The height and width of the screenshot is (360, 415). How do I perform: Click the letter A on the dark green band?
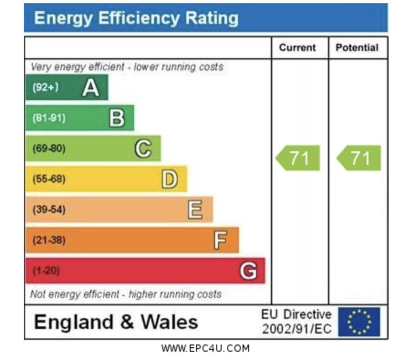click(x=90, y=87)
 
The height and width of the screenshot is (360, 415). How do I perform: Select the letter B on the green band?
click(x=117, y=118)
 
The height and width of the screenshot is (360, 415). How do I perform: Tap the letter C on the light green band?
click(x=143, y=149)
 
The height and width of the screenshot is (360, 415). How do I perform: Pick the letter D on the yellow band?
click(x=169, y=179)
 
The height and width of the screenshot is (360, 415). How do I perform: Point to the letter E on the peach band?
click(x=195, y=210)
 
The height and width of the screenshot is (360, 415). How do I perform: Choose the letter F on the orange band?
click(x=220, y=240)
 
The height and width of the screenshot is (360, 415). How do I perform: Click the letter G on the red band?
click(x=248, y=271)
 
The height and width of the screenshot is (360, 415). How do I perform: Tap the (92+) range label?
click(x=45, y=87)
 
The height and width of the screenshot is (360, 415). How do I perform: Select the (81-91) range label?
click(x=49, y=118)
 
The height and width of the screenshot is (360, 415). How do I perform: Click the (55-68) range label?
click(x=49, y=179)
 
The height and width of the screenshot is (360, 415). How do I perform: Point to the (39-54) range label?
click(x=49, y=210)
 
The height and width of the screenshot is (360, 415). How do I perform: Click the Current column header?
click(x=297, y=48)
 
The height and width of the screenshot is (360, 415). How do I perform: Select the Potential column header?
click(x=357, y=48)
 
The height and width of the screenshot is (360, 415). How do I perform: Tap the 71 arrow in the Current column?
click(x=298, y=158)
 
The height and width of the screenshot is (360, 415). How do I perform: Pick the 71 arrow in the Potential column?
click(x=359, y=158)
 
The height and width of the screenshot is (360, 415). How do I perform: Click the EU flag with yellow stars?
click(x=359, y=322)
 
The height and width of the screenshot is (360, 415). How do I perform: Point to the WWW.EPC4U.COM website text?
click(x=206, y=349)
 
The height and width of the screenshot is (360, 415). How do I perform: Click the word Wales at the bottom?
click(x=169, y=322)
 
